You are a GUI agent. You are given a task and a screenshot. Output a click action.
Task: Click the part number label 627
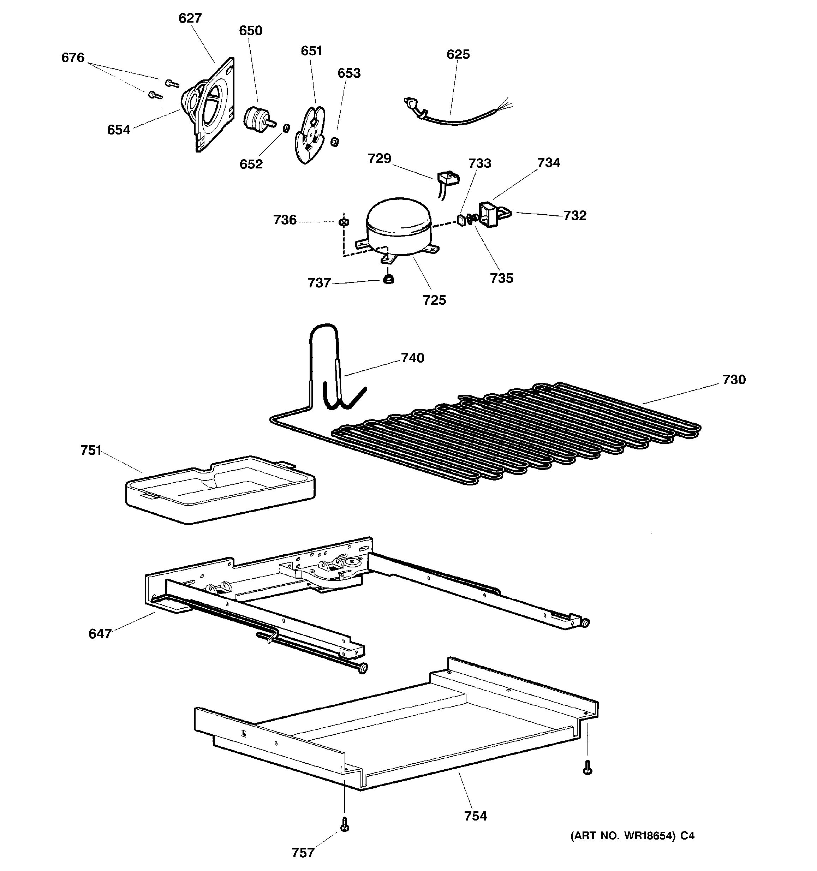click(190, 18)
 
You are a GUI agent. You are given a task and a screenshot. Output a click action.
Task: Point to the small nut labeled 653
click(335, 142)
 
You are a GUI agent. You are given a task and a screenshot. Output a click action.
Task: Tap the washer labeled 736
click(344, 222)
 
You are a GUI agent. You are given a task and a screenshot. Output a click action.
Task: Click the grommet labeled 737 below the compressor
click(388, 280)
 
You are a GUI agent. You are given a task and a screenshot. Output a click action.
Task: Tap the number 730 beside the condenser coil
click(734, 380)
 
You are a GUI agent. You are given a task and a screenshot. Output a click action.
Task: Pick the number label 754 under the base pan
click(475, 816)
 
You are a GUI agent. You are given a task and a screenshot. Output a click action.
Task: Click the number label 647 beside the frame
click(100, 634)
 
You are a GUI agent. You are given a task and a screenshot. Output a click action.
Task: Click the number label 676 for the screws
click(73, 58)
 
